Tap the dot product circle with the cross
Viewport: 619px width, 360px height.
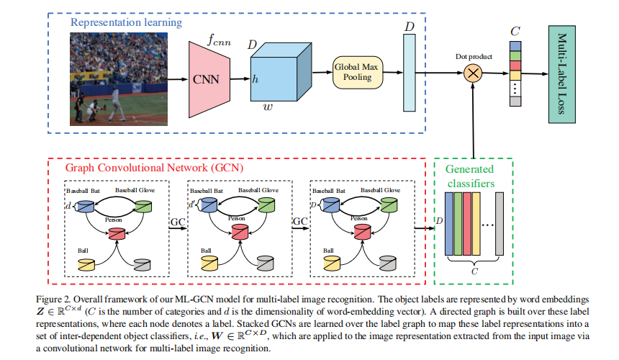pyautogui.click(x=473, y=72)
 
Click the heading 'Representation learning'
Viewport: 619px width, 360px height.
pyautogui.click(x=126, y=22)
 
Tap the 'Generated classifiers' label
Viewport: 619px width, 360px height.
pyautogui.click(x=469, y=176)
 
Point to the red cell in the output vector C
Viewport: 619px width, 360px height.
pyautogui.click(x=515, y=66)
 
